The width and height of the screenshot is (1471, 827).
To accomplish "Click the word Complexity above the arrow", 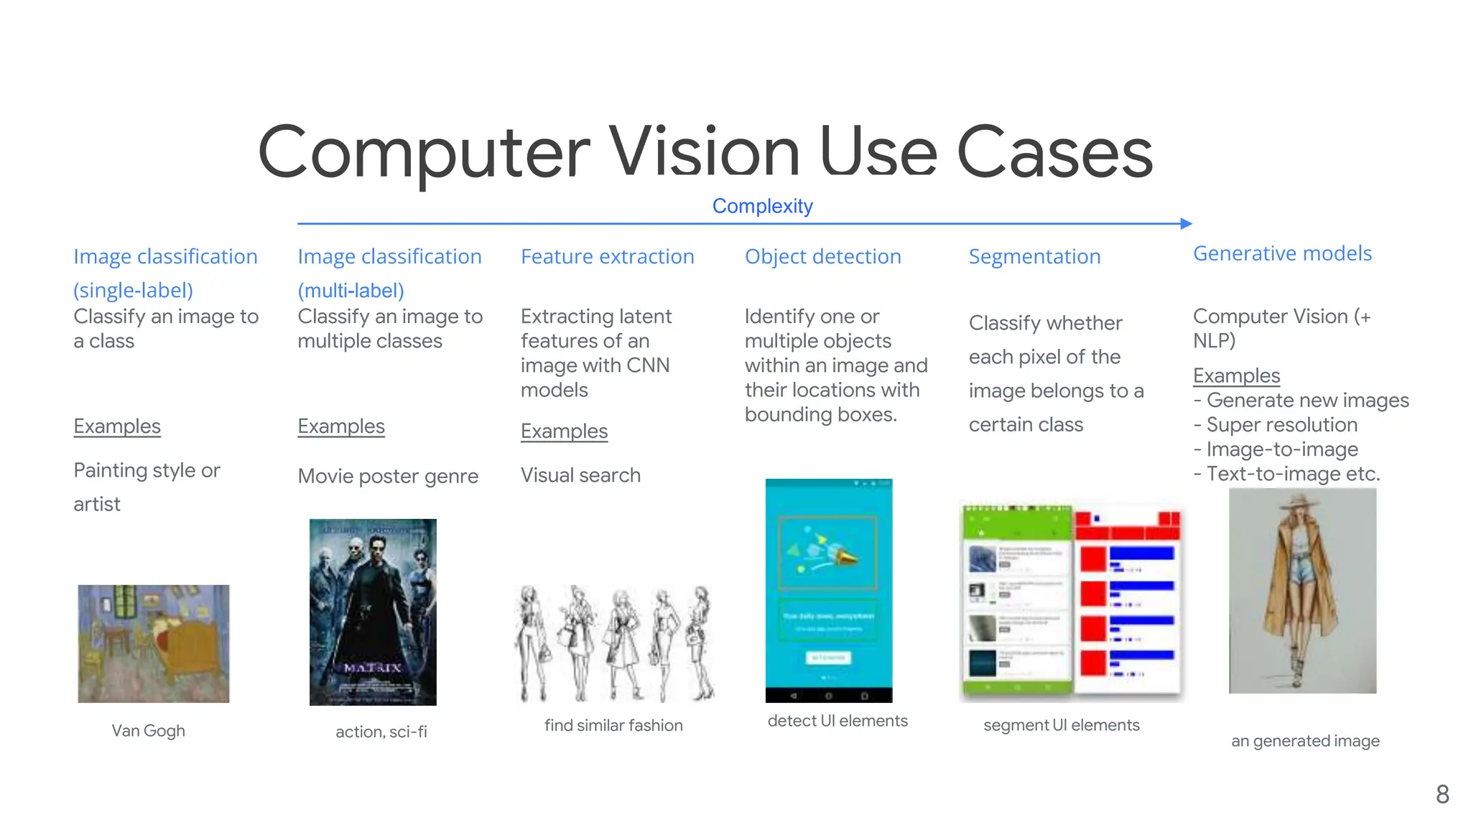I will [762, 206].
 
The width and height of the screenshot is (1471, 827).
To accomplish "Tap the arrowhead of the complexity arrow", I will [1187, 224].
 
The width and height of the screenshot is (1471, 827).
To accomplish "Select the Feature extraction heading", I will [607, 256].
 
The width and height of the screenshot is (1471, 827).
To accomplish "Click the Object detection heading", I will [822, 256].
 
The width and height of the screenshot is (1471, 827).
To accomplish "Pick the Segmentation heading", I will [1034, 256].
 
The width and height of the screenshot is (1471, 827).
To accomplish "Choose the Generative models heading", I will [1282, 253].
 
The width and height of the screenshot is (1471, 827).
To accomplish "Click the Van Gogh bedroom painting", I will [154, 643].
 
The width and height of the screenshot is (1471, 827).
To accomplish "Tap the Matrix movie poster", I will [373, 612].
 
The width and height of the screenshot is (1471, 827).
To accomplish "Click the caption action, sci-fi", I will [381, 732].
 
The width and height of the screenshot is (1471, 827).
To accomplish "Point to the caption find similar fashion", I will [613, 725].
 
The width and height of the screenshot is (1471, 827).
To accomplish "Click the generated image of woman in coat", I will [1302, 590].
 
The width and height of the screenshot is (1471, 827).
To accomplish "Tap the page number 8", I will [1442, 795].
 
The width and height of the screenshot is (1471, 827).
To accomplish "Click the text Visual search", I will [580, 475].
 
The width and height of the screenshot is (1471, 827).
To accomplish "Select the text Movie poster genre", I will [388, 476].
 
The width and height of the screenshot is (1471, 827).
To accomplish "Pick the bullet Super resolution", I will [1281, 425].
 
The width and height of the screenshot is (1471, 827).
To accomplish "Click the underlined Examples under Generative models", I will [1236, 375].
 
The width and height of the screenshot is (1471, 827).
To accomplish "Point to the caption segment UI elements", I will [1061, 725].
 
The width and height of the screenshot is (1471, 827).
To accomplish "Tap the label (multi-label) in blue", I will [351, 291].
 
